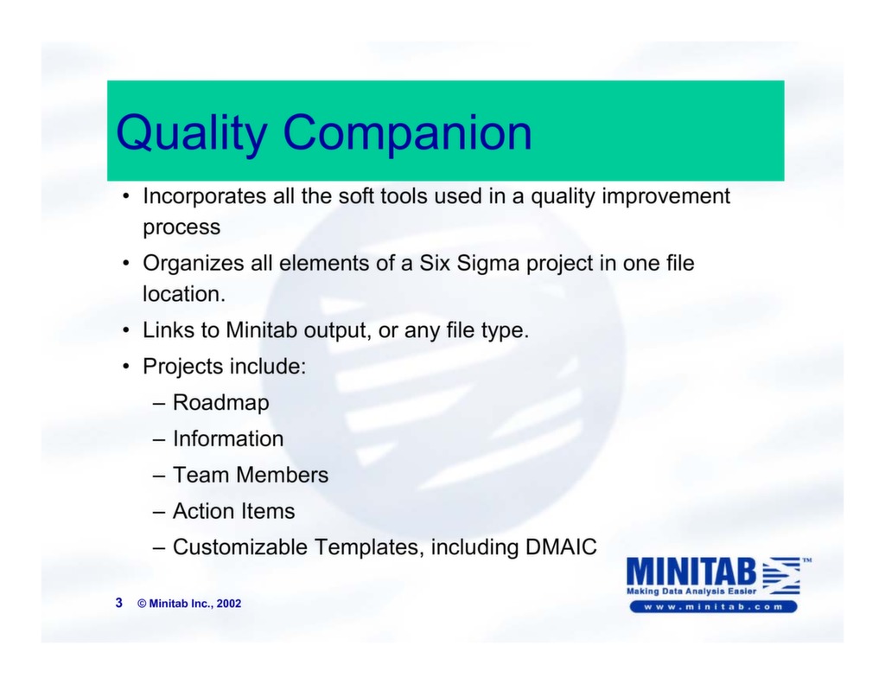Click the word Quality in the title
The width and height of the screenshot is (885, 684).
(192, 133)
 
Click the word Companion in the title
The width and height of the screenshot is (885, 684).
(407, 133)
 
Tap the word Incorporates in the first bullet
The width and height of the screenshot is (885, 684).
(204, 197)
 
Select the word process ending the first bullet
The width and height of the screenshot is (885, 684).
(181, 228)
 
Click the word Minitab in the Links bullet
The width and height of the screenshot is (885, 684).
(262, 330)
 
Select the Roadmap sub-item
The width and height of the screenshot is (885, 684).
(220, 403)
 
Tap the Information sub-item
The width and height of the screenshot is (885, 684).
(228, 439)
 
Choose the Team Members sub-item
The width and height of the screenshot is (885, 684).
(251, 476)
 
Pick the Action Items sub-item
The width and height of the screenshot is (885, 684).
(233, 512)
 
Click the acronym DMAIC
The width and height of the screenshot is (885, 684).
(561, 548)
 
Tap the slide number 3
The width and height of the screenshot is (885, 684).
(119, 603)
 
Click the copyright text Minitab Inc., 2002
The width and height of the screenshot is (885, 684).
(194, 604)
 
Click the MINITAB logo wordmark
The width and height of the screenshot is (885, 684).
(691, 572)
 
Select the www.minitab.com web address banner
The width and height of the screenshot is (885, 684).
(713, 607)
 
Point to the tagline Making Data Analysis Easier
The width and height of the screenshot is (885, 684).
(691, 591)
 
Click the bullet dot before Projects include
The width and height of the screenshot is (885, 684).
(126, 368)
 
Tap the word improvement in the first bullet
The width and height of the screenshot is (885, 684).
(665, 197)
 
